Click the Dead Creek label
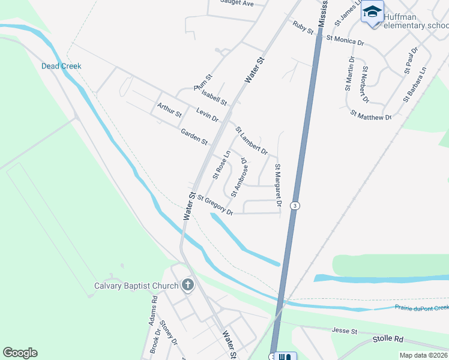61,66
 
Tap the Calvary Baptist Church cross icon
187,285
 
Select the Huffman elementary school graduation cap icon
372,12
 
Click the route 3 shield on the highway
294,206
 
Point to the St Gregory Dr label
214,205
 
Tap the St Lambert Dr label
252,140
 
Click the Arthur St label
169,110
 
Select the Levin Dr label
207,114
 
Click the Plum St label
203,82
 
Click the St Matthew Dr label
371,114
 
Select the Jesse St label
345,331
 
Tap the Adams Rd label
153,310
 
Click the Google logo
20,353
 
